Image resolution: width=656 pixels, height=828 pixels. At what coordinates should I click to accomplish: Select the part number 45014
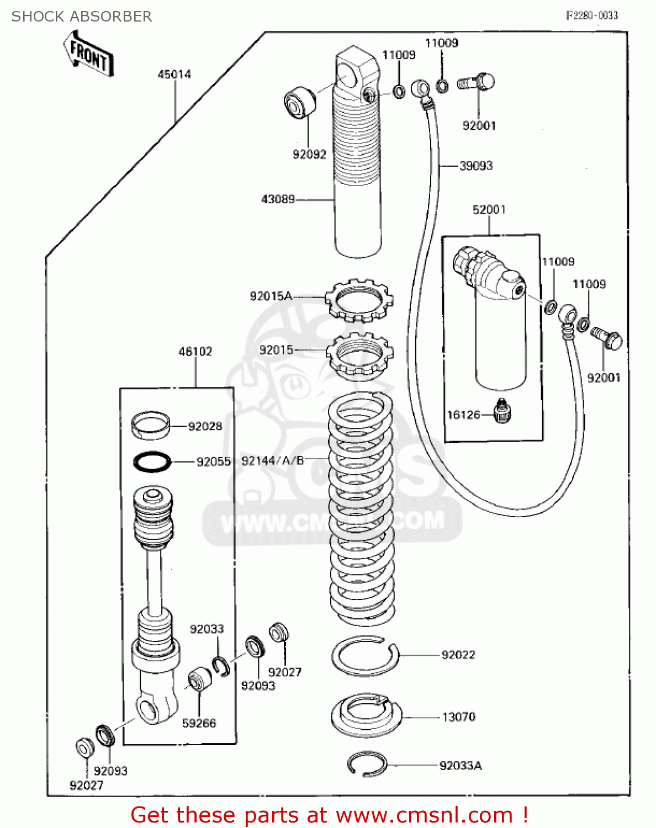(174, 75)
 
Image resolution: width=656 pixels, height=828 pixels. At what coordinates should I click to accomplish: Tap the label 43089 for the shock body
(278, 199)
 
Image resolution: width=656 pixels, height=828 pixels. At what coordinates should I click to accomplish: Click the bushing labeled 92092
(299, 102)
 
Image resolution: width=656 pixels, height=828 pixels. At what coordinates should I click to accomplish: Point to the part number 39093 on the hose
(476, 166)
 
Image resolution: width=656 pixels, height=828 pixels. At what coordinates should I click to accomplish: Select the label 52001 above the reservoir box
(489, 210)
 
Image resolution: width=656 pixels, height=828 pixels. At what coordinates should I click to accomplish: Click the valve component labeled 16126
(501, 412)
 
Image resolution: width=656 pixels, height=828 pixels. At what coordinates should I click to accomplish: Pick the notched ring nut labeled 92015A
(359, 300)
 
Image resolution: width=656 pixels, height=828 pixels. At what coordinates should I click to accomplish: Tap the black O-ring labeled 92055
(152, 461)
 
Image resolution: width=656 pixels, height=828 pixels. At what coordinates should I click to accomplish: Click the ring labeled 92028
(150, 425)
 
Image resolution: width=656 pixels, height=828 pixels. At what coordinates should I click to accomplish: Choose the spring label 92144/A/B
(273, 461)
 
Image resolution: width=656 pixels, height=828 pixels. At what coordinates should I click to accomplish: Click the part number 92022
(458, 655)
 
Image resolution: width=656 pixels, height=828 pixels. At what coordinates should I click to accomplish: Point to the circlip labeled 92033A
(367, 764)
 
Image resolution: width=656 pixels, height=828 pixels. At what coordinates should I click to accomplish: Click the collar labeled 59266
(199, 680)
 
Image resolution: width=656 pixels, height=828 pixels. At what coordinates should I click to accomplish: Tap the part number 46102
(195, 352)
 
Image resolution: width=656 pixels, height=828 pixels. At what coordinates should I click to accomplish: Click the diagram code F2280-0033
(592, 15)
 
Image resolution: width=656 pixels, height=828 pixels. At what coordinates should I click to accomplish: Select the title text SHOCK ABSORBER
(82, 17)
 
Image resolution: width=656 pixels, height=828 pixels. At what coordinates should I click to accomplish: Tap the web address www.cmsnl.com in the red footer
(424, 815)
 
